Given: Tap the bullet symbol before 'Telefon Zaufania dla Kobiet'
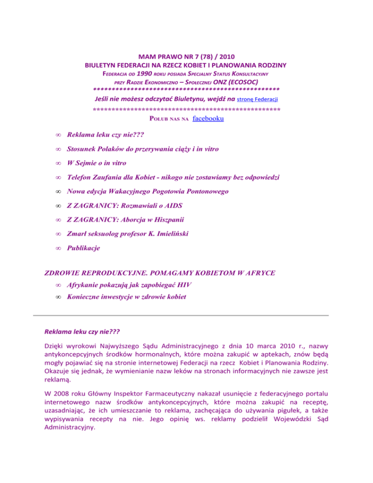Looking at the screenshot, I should [x=57, y=177].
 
